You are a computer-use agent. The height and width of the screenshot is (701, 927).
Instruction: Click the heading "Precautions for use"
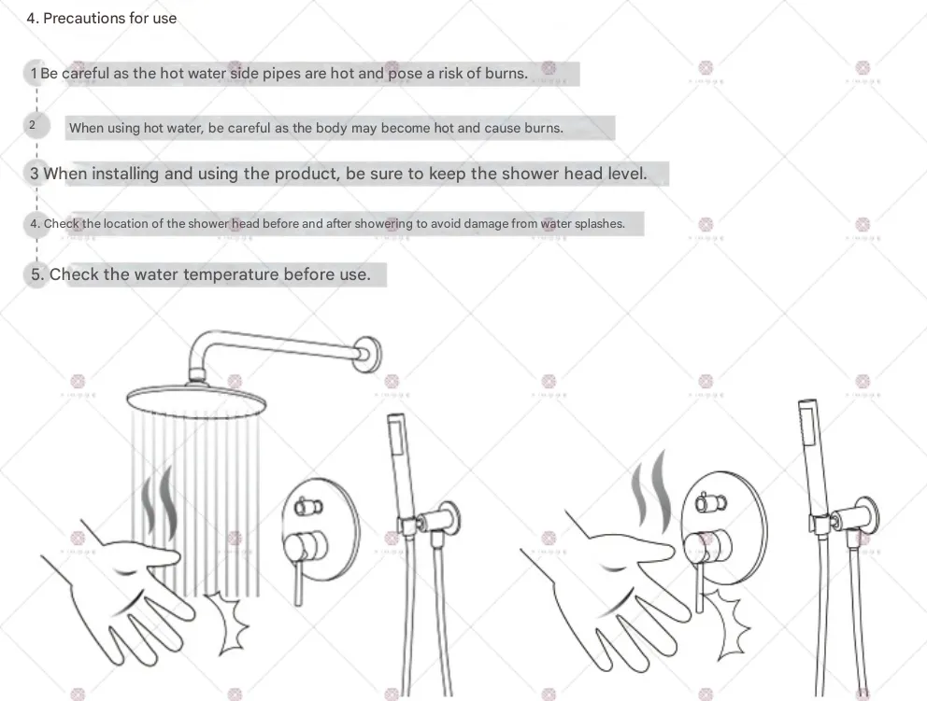coord(109,19)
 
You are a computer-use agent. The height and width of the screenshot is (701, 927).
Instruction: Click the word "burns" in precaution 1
coord(505,73)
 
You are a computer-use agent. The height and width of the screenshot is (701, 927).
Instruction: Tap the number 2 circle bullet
coord(36,125)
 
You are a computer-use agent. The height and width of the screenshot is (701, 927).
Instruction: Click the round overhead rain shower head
coord(196,400)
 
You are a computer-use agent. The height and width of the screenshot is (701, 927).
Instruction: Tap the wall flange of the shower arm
coord(370,355)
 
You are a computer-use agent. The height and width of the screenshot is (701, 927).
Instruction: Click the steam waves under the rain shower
coord(160,502)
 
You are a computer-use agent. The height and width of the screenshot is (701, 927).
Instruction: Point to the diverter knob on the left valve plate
coord(308,507)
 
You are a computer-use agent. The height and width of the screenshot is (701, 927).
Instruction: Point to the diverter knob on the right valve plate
coord(710,503)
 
